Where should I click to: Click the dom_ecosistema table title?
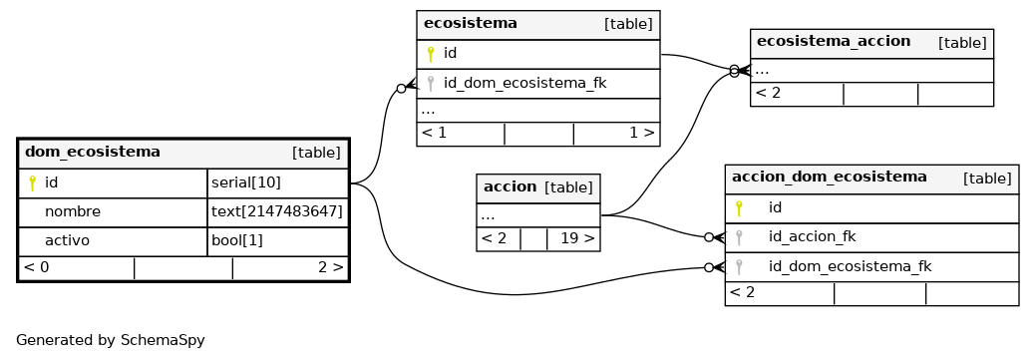93,153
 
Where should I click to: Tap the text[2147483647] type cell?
277,211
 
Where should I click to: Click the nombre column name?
73,211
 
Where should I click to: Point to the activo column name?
67,240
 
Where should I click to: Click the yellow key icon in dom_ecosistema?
32,183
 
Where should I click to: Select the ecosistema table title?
471,23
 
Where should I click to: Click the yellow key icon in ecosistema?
431,54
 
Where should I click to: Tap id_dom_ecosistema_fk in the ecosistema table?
524,83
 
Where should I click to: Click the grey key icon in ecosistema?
431,83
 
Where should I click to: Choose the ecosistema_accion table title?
834,41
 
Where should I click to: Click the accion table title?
510,186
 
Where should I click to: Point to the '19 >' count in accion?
577,238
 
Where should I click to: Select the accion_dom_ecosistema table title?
830,177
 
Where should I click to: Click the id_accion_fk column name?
812,236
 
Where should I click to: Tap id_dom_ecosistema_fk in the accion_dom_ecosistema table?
850,266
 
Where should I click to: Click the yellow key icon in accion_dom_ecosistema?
739,208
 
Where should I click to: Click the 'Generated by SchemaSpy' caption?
110,340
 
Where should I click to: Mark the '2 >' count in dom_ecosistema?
330,267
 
